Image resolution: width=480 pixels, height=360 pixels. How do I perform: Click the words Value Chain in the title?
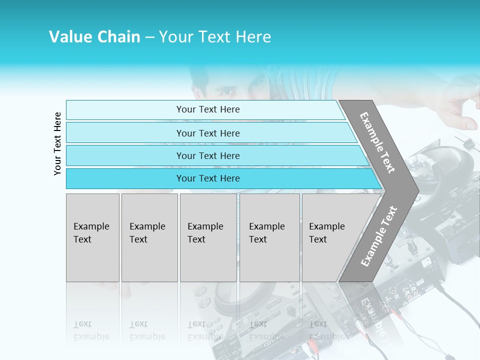94,37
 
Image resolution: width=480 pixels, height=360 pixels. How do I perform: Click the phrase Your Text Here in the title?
215,37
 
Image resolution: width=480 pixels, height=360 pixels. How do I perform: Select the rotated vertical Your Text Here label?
57,143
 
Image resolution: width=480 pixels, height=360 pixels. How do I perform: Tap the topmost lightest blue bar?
207,109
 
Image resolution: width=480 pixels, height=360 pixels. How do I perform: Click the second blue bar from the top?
207,133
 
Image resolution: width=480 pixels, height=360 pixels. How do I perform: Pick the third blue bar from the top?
207,155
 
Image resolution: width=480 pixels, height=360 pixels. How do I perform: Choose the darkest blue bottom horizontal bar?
207,178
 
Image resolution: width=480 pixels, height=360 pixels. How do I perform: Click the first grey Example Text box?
92,237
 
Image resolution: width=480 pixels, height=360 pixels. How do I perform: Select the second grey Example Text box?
149,237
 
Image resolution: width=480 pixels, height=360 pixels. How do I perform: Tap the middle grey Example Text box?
208,237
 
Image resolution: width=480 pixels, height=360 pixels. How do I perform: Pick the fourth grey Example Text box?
269,237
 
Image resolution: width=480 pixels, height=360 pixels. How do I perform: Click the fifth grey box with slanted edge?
330,237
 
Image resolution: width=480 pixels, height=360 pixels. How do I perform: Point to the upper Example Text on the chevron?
377,142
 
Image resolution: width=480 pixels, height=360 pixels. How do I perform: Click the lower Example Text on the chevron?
379,236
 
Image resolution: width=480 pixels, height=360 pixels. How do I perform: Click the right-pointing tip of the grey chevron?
416,190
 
